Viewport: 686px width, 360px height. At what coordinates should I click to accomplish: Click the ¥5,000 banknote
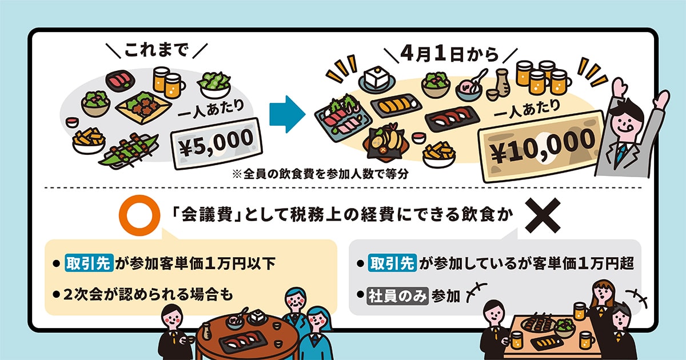[x=217, y=143]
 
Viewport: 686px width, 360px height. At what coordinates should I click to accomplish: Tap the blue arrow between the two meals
[x=287, y=114]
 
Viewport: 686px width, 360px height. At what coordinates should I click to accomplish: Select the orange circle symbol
[x=139, y=215]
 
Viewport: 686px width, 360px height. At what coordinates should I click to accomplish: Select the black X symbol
[x=543, y=215]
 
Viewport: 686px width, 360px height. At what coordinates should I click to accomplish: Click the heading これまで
[x=156, y=50]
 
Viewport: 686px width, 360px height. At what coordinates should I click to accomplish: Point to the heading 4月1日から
[x=449, y=54]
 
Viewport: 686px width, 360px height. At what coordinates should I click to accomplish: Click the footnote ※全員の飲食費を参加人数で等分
[x=320, y=174]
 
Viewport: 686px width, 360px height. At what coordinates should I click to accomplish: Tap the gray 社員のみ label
[x=397, y=296]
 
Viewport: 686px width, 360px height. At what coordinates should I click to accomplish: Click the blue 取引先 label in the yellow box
[x=89, y=263]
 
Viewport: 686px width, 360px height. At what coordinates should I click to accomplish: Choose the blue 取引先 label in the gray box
[x=392, y=263]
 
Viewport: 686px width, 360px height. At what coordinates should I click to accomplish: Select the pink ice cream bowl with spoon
[x=469, y=88]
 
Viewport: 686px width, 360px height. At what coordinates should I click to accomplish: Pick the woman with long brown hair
[x=603, y=315]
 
